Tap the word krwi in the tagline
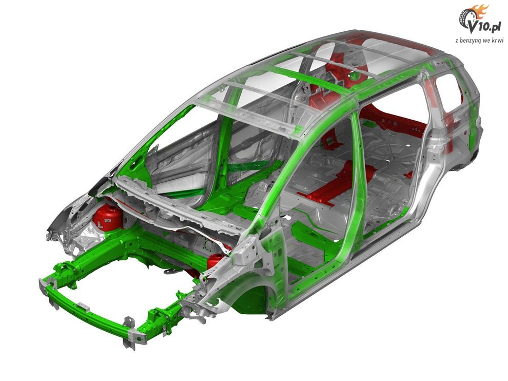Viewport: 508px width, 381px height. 497,40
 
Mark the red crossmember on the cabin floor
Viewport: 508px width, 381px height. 337,182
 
